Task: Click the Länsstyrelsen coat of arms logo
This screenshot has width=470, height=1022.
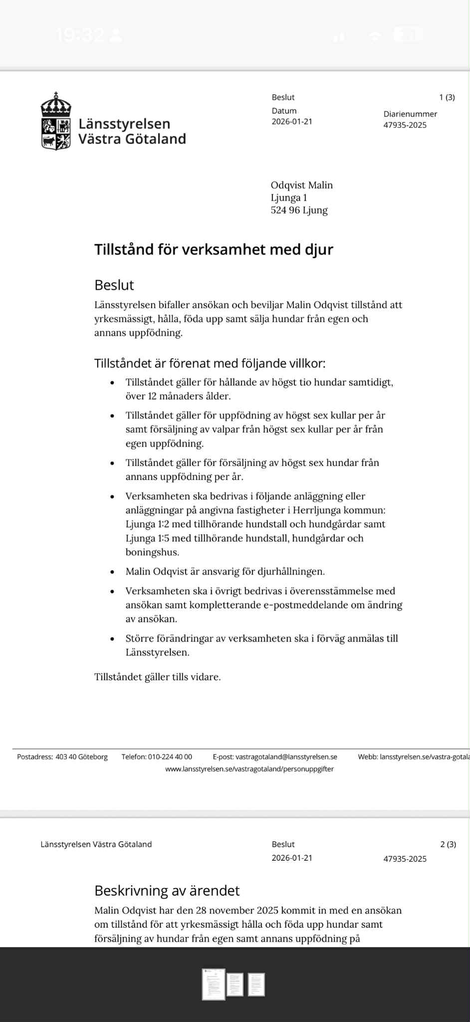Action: (x=56, y=121)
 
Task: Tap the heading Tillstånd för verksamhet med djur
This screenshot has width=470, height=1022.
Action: (x=214, y=249)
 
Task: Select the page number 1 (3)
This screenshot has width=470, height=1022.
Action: (x=447, y=97)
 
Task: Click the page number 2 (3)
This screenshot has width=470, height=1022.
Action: (x=448, y=844)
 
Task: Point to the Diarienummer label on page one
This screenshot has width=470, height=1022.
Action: (x=410, y=114)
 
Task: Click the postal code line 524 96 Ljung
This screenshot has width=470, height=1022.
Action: (x=299, y=210)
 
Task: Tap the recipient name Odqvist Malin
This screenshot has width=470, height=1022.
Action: (x=301, y=185)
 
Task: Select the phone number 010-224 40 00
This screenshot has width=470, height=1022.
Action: (x=170, y=757)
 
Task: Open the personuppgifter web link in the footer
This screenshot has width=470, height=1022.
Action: (x=249, y=769)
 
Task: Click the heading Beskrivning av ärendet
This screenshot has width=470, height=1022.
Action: (x=167, y=891)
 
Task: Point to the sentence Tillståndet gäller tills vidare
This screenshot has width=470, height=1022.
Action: (x=157, y=677)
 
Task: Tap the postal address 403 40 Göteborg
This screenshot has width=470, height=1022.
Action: (x=81, y=757)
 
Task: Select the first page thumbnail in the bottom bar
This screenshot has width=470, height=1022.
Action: (x=214, y=985)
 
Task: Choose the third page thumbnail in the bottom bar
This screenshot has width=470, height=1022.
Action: (x=256, y=985)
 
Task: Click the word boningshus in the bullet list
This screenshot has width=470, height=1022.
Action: (x=152, y=552)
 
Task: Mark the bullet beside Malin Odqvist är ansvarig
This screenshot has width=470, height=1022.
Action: (x=113, y=572)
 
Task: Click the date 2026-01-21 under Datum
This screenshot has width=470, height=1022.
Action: (x=292, y=121)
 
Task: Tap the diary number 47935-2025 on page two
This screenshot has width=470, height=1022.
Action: (x=405, y=859)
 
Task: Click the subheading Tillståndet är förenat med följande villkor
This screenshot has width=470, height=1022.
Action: (x=210, y=363)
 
